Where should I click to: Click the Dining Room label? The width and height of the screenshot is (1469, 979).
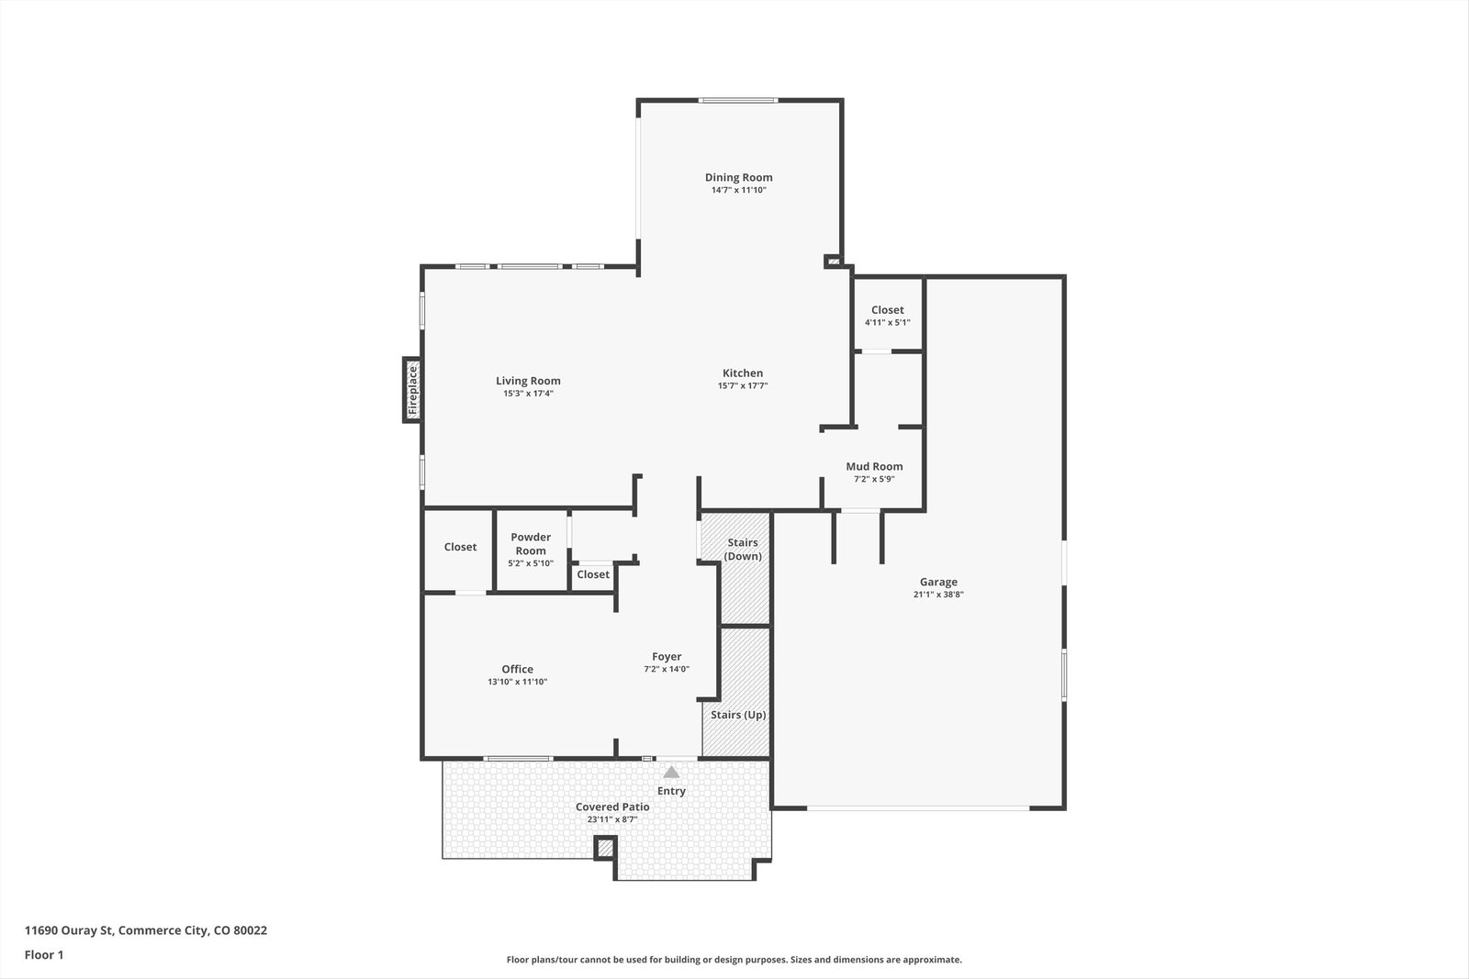point(738,177)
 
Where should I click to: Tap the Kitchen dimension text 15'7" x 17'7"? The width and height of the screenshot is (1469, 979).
point(743,386)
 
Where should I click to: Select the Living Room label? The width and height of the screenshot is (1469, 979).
point(528,381)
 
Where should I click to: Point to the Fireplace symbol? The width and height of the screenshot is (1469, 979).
point(412,390)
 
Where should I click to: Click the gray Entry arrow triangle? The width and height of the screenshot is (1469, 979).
point(671,772)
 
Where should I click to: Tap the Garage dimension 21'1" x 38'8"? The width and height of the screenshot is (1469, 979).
point(938,595)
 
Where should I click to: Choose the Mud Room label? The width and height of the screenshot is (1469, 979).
point(874,467)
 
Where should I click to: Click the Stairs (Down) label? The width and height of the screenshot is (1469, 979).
point(743,549)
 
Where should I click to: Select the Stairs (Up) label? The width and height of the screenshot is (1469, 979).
point(738,714)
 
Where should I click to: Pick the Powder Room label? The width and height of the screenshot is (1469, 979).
point(531,544)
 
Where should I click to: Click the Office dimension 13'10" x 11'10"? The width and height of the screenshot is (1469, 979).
point(518,682)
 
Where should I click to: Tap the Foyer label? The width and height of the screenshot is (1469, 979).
point(667,657)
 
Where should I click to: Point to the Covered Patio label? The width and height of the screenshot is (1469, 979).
point(612,807)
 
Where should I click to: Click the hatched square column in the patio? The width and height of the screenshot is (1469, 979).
point(605,848)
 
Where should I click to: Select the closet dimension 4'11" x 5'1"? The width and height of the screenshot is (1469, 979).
point(887,322)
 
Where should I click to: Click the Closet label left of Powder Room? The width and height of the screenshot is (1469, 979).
point(460,547)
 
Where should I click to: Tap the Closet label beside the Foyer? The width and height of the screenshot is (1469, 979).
point(593,574)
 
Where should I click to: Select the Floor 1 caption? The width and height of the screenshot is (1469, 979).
point(44,955)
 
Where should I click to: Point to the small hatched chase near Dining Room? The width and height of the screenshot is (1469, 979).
point(833,261)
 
